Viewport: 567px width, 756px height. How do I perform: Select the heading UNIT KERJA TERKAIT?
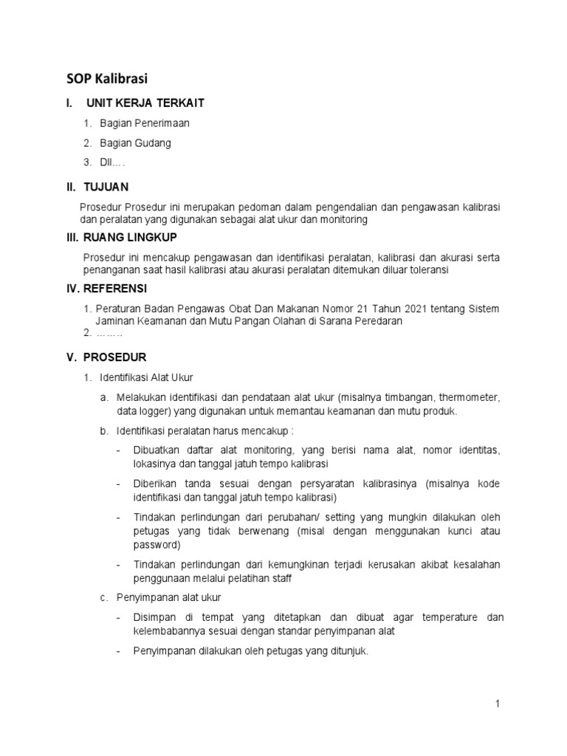click(x=145, y=103)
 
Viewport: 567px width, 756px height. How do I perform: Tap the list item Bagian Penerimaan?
click(x=145, y=123)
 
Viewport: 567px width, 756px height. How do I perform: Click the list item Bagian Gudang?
click(x=135, y=142)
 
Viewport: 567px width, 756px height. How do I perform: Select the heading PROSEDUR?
click(x=114, y=357)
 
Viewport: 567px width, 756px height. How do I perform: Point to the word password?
click(x=156, y=545)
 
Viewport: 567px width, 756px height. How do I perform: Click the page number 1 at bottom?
click(x=498, y=704)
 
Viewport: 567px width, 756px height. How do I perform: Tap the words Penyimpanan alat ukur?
click(x=169, y=597)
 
